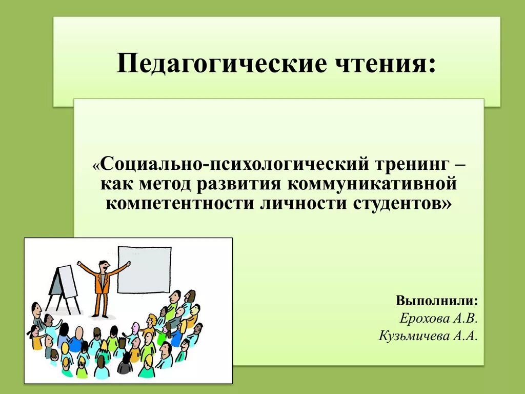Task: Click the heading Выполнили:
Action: coord(437,300)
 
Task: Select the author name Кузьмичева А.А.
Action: coord(429,336)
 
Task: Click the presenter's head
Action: coord(103,266)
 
